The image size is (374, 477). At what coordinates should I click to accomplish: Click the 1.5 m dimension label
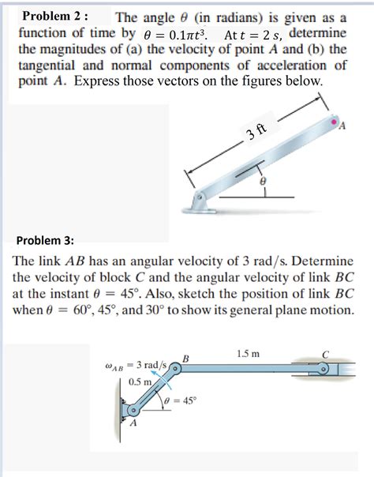[x=249, y=354]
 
